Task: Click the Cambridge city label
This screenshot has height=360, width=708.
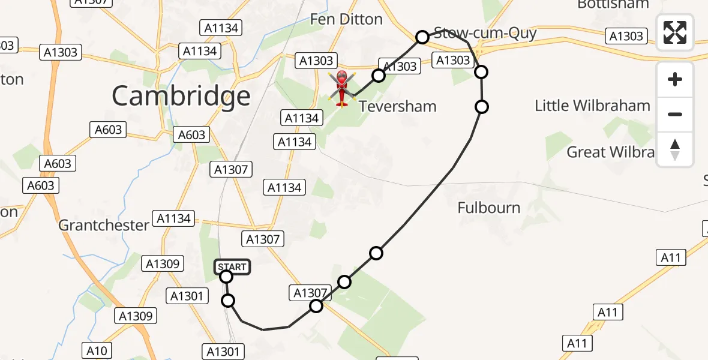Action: click(181, 96)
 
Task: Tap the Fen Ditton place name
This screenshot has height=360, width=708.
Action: click(346, 19)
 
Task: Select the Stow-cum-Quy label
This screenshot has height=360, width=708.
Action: click(485, 33)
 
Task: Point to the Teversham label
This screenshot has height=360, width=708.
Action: click(397, 107)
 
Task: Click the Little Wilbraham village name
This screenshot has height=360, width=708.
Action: click(592, 106)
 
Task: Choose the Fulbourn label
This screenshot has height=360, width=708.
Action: click(488, 208)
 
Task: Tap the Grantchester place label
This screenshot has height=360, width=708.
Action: click(104, 226)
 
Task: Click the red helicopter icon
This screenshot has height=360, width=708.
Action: click(341, 88)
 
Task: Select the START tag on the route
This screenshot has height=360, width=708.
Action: click(232, 267)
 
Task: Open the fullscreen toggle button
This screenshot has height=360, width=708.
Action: click(675, 32)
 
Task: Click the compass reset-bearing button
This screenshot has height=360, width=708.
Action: click(675, 149)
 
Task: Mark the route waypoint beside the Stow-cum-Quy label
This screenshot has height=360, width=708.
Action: click(422, 37)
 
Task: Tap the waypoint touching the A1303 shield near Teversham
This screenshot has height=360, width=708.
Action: click(379, 75)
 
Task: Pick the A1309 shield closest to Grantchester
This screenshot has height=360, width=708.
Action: click(164, 263)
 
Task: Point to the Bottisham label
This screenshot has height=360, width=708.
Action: click(613, 5)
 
